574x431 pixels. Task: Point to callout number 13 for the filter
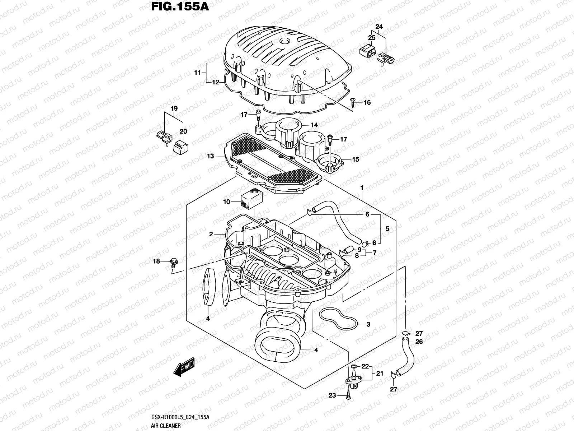(x=210, y=156)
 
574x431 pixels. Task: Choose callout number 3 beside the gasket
(x=368, y=324)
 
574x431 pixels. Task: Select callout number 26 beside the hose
(x=419, y=342)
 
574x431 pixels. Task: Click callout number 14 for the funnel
(x=314, y=125)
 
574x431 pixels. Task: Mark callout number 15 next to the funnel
(x=355, y=159)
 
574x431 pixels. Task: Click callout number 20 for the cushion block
(x=183, y=132)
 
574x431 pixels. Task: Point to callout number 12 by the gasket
(x=215, y=82)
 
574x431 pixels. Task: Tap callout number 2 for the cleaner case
(x=211, y=234)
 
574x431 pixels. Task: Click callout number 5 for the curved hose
(x=387, y=228)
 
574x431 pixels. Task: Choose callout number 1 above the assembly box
(x=362, y=188)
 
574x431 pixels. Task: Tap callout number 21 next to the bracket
(x=380, y=374)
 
